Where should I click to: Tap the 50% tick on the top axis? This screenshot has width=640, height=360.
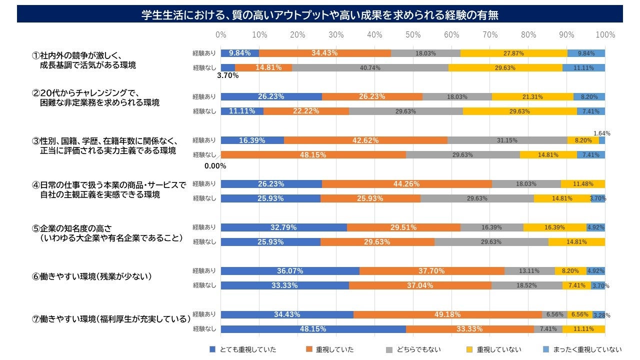[413, 35]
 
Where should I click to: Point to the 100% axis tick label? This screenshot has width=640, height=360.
[605, 35]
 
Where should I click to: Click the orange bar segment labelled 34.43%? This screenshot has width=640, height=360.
[324, 53]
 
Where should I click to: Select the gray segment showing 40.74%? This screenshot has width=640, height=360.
[370, 67]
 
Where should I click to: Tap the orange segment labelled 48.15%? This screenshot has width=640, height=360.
[313, 155]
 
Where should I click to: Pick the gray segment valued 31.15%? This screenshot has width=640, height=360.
[507, 140]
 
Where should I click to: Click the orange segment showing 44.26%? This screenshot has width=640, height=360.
[406, 184]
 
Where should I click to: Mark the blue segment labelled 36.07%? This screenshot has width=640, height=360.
[290, 271]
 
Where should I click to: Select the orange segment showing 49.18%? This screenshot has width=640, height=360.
[447, 314]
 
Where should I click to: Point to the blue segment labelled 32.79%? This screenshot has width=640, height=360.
[283, 227]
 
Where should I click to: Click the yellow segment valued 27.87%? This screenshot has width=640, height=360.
[513, 53]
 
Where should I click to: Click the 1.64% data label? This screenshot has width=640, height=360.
[601, 133]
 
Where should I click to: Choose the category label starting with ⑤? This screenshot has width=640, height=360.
[107, 232]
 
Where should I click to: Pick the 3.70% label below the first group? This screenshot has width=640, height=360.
[227, 76]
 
